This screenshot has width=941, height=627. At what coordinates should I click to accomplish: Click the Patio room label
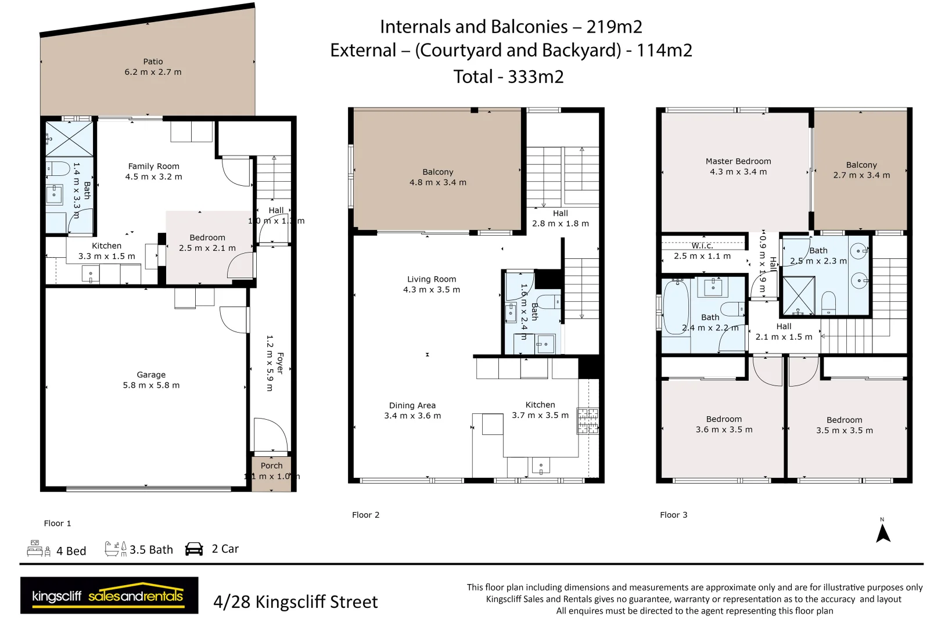click(153, 62)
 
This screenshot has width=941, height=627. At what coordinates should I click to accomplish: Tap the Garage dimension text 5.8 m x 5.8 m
click(151, 385)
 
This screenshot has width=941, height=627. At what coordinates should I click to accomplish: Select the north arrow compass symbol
click(883, 532)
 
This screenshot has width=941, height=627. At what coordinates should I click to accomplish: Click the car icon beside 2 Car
click(194, 549)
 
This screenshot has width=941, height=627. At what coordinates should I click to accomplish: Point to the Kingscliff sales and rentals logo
click(109, 595)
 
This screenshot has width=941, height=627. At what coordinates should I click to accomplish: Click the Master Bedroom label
click(738, 161)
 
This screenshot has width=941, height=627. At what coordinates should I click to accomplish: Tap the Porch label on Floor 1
click(271, 466)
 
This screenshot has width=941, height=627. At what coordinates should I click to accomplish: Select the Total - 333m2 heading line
click(508, 77)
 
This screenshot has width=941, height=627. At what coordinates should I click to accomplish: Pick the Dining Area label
click(412, 405)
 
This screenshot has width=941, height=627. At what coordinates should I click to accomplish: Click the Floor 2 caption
click(365, 515)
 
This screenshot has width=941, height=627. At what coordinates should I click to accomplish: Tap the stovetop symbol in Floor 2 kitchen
click(587, 421)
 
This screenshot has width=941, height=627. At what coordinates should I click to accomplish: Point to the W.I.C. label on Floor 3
click(702, 246)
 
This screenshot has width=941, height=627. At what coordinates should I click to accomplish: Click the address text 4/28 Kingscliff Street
click(295, 602)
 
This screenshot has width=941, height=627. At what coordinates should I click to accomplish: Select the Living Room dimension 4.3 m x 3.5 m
click(432, 290)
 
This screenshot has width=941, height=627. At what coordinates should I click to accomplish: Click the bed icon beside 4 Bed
click(38, 549)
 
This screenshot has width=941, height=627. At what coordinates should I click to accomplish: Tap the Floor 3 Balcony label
click(861, 165)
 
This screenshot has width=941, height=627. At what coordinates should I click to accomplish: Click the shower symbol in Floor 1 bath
click(70, 139)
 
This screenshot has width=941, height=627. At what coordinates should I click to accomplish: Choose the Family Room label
click(153, 166)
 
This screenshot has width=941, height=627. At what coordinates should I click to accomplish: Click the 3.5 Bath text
click(151, 550)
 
